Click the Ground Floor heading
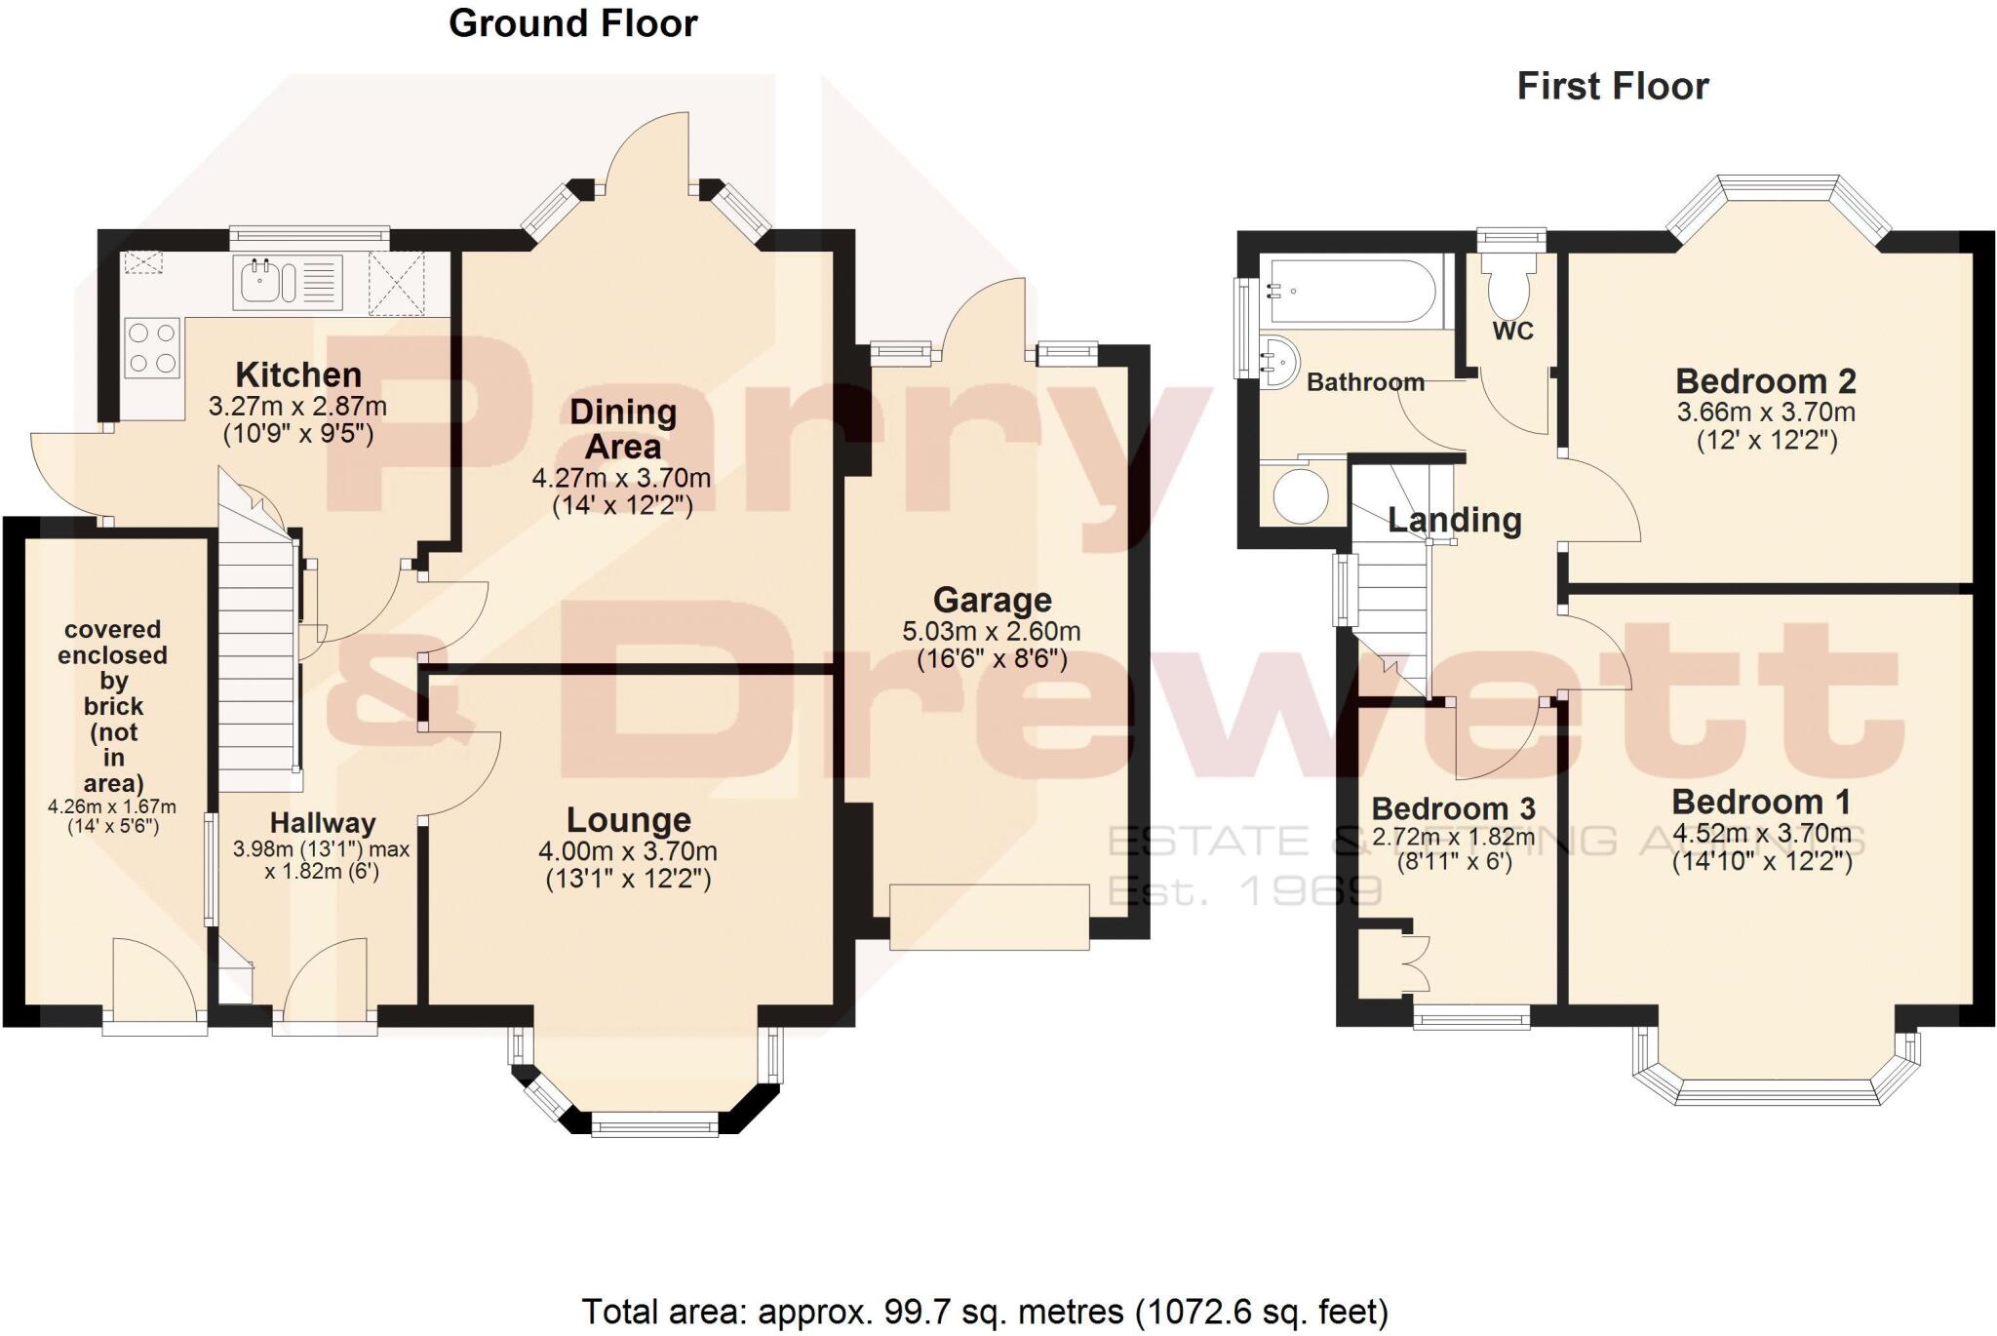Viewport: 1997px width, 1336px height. coord(572,23)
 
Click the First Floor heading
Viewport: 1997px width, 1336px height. coord(1612,87)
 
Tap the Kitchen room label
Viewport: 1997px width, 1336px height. coord(298,374)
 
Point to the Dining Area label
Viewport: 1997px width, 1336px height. coord(622,429)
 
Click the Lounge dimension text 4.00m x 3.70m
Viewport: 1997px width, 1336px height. coord(628,851)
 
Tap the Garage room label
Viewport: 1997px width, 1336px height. coord(992,600)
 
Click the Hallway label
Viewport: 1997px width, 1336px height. coord(323,823)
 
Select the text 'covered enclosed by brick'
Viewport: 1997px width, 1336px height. coord(113,668)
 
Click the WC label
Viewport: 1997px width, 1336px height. coord(1512,332)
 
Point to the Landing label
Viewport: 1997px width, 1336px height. coord(1454,520)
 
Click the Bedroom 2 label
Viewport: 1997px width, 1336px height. coord(1765,381)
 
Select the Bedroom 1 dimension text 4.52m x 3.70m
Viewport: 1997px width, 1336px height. coord(1761,834)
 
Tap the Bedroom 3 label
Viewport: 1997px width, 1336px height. coord(1453,808)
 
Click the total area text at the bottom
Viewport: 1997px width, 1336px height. coord(985,1312)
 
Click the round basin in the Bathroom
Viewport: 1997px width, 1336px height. coord(1277,362)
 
